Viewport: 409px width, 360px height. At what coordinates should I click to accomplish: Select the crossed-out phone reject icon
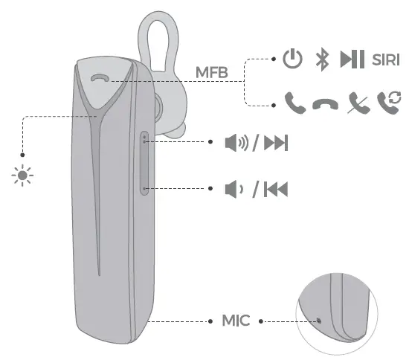[x=356, y=103]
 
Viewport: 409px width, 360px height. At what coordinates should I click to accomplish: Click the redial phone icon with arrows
[x=387, y=103]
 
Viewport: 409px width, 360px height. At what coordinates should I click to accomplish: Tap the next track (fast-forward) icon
[x=276, y=143]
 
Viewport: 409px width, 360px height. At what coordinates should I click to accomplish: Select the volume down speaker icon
[x=232, y=189]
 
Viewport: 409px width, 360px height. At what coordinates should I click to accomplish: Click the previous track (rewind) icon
[x=276, y=189]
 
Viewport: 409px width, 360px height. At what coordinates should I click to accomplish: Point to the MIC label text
[x=237, y=321]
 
